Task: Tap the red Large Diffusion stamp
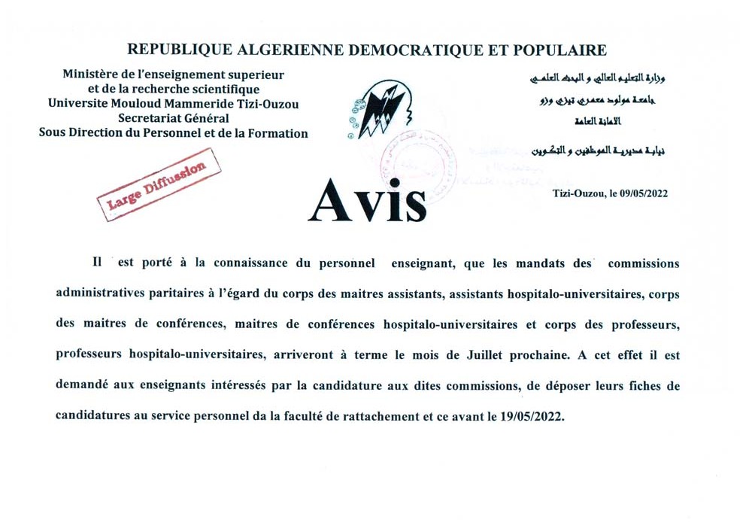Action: tap(158, 184)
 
